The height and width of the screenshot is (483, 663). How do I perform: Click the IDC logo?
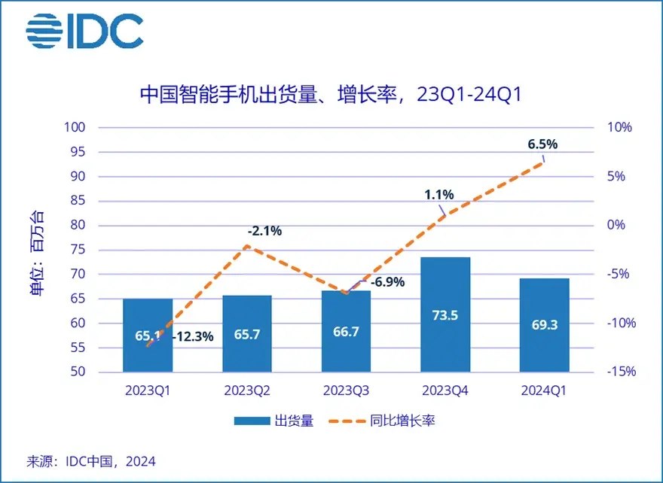[x=84, y=32]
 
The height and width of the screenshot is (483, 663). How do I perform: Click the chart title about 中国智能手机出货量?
[x=331, y=96]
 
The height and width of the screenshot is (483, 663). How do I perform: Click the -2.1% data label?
[x=264, y=231]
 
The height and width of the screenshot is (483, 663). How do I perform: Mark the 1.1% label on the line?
[x=439, y=195]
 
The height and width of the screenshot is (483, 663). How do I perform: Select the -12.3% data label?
[x=194, y=336]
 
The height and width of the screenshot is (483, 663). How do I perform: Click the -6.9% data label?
[x=387, y=283]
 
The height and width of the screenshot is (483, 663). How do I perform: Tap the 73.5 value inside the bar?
[x=445, y=315]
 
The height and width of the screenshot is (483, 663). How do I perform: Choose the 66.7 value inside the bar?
[x=346, y=335]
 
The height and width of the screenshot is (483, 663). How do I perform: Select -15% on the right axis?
[x=622, y=372]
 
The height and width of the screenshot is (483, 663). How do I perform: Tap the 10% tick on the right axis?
[x=619, y=128]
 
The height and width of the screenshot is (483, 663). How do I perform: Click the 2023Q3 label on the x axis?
[x=346, y=390]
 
